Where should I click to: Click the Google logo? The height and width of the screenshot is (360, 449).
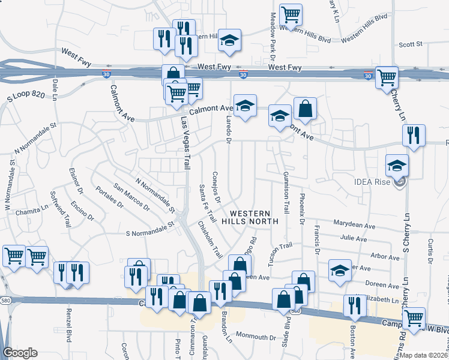point(20,353)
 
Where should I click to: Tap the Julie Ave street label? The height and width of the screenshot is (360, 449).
point(354,239)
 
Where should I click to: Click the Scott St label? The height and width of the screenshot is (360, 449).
point(411,44)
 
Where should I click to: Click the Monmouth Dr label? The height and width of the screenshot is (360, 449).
point(255,337)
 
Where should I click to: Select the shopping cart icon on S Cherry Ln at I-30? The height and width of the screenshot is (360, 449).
point(387,77)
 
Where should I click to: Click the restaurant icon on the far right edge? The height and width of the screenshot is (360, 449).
point(414,136)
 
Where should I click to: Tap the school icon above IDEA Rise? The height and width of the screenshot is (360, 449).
point(397,166)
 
